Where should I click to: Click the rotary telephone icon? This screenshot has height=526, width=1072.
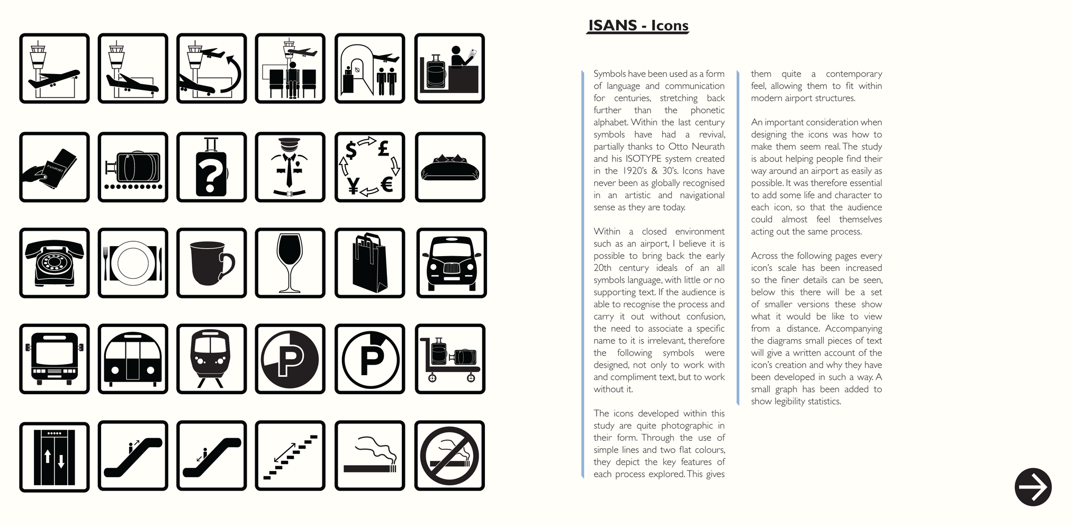coord(54,263)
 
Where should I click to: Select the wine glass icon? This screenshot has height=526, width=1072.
coord(290,263)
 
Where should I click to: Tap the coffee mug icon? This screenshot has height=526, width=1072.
coord(211,263)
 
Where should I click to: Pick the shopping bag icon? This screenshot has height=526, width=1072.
coord(370,263)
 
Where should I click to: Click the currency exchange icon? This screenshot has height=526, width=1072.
coord(370,167)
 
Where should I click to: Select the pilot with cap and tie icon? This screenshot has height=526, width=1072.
coord(290,167)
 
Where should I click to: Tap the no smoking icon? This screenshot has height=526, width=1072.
coord(449,456)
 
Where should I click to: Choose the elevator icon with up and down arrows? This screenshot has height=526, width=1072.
coord(54,457)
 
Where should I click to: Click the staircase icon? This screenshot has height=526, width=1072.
coord(290,456)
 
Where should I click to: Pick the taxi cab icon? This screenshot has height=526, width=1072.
coord(451,263)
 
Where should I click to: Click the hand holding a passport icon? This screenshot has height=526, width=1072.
coord(54,167)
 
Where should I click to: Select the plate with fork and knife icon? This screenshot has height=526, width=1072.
coord(133,263)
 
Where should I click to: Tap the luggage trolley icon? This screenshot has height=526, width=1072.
coord(450,359)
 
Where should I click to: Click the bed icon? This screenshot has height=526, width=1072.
coord(450,167)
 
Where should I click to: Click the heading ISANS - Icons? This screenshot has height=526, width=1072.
coord(638,25)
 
